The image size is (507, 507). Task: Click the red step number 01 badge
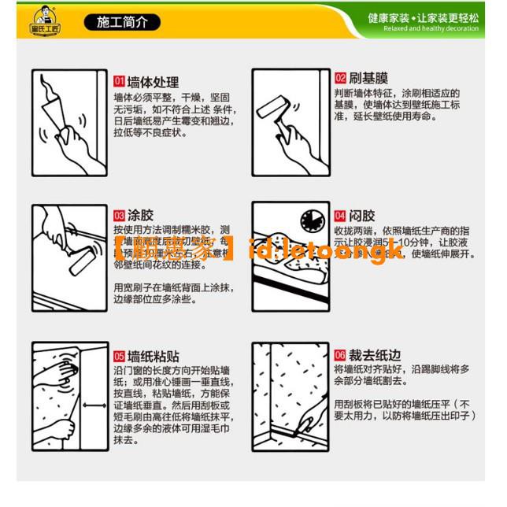(120, 81)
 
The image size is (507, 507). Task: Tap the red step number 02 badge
(340, 78)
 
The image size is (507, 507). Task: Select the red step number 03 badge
(120, 215)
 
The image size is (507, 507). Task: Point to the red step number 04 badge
(340, 215)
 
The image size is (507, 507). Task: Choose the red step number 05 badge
(120, 355)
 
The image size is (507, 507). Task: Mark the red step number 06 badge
(340, 355)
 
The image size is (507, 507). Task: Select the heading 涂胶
(140, 215)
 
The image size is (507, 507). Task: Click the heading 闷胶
(362, 215)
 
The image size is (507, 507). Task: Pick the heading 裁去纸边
(374, 355)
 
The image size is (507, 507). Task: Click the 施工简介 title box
(121, 23)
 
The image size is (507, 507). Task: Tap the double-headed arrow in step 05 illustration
(94, 406)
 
